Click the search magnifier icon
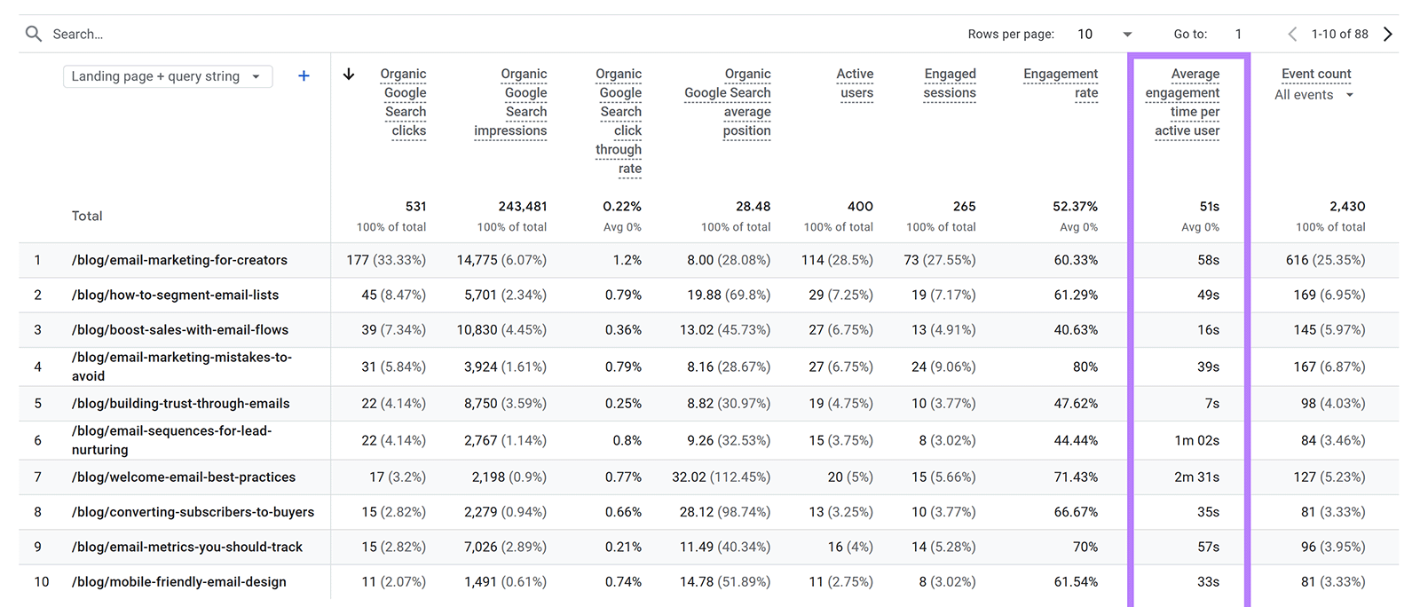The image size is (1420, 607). (x=34, y=34)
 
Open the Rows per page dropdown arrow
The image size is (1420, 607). (x=1127, y=35)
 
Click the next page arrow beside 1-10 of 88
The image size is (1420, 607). (x=1388, y=34)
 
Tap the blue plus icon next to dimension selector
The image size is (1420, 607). (x=304, y=76)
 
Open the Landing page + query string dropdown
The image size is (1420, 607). (x=167, y=76)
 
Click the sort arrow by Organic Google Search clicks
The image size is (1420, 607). (x=349, y=75)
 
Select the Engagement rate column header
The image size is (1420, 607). (x=1061, y=83)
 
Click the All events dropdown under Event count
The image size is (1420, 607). (x=1313, y=95)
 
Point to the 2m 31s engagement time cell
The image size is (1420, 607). (x=1196, y=477)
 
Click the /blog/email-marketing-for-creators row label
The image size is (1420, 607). (x=179, y=260)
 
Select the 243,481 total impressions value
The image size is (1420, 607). (x=523, y=206)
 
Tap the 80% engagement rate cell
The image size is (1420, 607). (x=1085, y=367)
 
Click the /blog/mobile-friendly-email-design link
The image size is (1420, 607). (x=179, y=582)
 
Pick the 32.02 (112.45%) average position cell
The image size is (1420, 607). (x=721, y=477)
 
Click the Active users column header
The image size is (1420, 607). (x=856, y=83)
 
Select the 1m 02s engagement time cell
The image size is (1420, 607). (x=1196, y=440)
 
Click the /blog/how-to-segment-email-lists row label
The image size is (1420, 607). (x=175, y=295)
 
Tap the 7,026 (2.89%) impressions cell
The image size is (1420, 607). (x=505, y=547)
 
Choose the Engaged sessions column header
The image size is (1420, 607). (x=950, y=83)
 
